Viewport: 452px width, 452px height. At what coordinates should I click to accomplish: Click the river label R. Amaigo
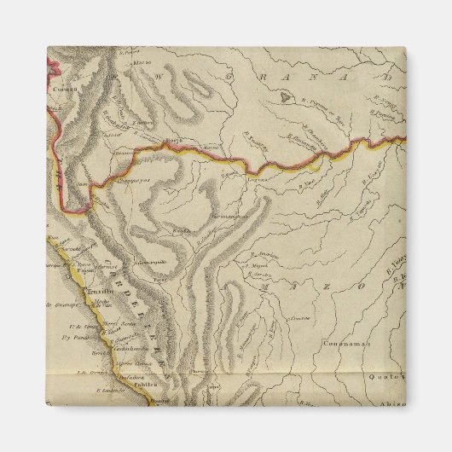click(x=265, y=255)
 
